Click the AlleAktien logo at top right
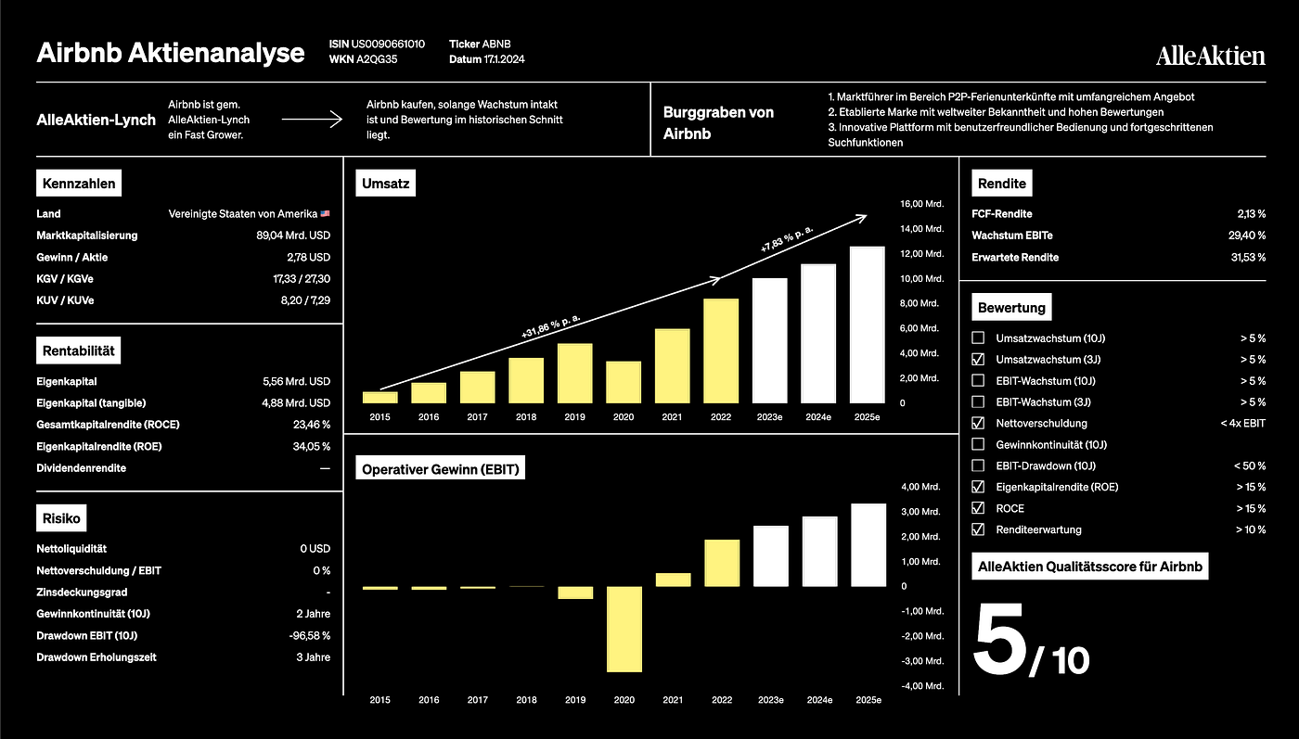(1210, 56)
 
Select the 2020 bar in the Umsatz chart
(624, 382)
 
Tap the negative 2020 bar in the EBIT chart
(624, 630)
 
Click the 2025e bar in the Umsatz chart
(867, 325)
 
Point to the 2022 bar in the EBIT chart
(722, 563)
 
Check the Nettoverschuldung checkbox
(978, 423)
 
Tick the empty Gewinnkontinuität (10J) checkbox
(978, 444)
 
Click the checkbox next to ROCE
(978, 508)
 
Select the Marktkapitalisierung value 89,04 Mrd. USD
(293, 236)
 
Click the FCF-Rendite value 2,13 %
(1251, 214)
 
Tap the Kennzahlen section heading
(79, 184)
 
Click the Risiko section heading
(61, 518)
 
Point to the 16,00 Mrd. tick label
(921, 204)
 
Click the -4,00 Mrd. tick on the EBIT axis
(922, 686)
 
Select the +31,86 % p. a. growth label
(550, 326)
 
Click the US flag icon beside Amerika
(326, 214)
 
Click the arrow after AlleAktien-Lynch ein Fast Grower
(312, 120)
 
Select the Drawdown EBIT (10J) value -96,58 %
(310, 636)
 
